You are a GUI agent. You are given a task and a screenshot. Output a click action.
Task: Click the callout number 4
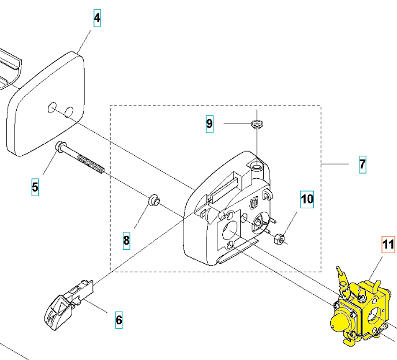pyautogui.click(x=97, y=18)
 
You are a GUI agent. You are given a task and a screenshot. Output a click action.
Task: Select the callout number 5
pyautogui.click(x=35, y=187)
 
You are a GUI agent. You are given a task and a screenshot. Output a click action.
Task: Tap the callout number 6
pyautogui.click(x=119, y=320)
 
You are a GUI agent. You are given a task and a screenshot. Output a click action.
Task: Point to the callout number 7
pyautogui.click(x=362, y=164)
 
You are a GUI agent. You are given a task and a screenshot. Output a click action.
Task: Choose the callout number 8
pyautogui.click(x=126, y=241)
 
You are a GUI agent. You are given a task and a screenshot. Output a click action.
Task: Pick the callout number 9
pyautogui.click(x=209, y=124)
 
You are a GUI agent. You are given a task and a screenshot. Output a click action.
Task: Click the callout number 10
pyautogui.click(x=307, y=199)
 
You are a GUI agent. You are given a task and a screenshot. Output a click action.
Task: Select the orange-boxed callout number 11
pyautogui.click(x=388, y=245)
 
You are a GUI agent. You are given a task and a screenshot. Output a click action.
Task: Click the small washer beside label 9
pyautogui.click(x=257, y=124)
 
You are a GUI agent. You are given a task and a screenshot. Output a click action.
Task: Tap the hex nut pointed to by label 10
pyautogui.click(x=279, y=238)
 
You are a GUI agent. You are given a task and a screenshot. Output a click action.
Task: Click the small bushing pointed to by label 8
pyautogui.click(x=153, y=200)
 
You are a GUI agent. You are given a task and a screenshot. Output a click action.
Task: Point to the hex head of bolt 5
pyautogui.click(x=60, y=147)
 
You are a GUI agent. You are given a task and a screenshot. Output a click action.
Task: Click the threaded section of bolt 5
pyautogui.click(x=91, y=163)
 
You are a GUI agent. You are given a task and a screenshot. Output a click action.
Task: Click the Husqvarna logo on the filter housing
pyautogui.click(x=254, y=203)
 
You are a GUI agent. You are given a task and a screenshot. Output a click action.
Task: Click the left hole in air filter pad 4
pyautogui.click(x=52, y=108)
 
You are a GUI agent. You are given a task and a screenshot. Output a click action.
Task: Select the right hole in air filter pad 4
pyautogui.click(x=69, y=112)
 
